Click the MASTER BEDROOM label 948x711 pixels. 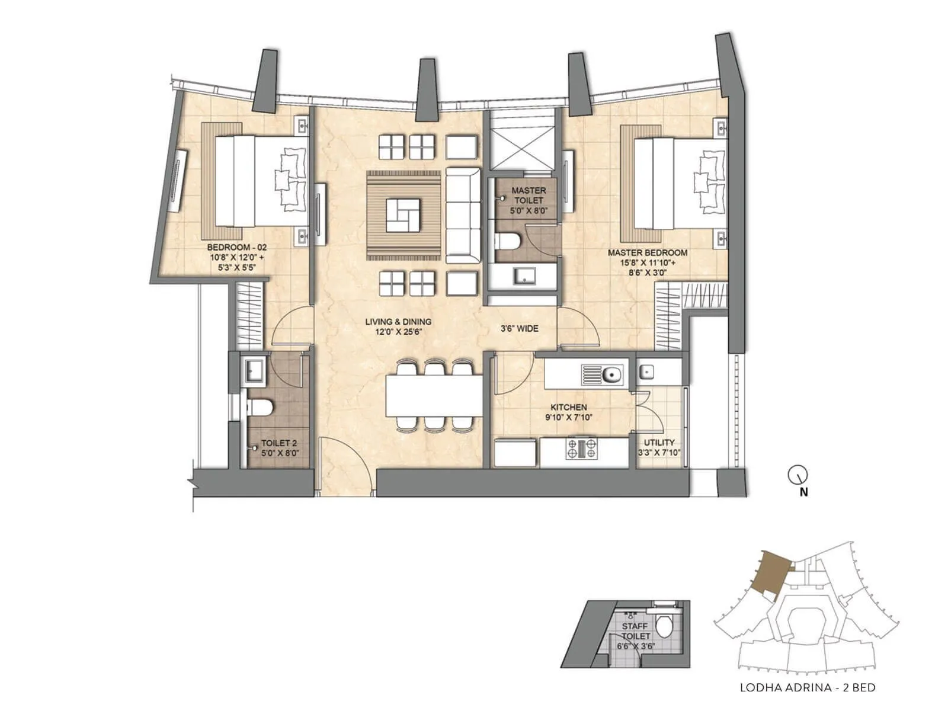tap(647, 252)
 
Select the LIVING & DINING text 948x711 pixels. tap(398, 322)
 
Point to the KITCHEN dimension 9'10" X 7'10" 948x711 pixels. tap(569, 417)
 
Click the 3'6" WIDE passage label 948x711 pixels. tap(520, 328)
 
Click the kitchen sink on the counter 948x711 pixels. tap(611, 374)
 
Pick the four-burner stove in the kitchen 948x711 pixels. tap(582, 449)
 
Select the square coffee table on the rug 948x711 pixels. tap(403, 215)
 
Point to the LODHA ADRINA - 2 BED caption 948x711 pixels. tap(808, 688)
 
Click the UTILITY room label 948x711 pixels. tap(659, 443)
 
